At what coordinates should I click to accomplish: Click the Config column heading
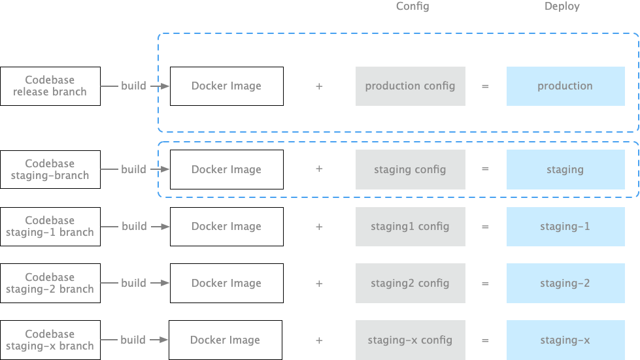[x=413, y=7]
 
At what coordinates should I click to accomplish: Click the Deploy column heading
[x=562, y=7]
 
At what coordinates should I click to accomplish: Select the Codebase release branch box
[x=50, y=86]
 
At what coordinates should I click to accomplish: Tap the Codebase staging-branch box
[x=50, y=169]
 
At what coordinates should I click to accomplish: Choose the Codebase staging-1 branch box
[x=50, y=226]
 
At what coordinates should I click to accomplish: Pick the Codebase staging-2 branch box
[x=50, y=283]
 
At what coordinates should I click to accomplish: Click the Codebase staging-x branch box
[x=50, y=340]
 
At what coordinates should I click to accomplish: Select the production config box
[x=410, y=86]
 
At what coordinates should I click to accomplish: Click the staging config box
[x=410, y=169]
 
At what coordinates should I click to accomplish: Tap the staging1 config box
[x=410, y=226]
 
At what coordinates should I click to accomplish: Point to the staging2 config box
[x=410, y=283]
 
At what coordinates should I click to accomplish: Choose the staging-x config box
[x=410, y=340]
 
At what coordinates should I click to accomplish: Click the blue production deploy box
[x=565, y=86]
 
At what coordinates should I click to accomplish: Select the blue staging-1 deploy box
[x=565, y=226]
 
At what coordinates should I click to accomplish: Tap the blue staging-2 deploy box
[x=565, y=283]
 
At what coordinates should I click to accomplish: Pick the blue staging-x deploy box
[x=565, y=340]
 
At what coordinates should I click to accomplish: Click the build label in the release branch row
[x=134, y=86]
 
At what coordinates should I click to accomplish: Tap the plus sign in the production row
[x=319, y=86]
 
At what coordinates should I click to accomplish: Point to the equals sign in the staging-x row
[x=485, y=340]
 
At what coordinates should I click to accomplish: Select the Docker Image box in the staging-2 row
[x=226, y=283]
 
